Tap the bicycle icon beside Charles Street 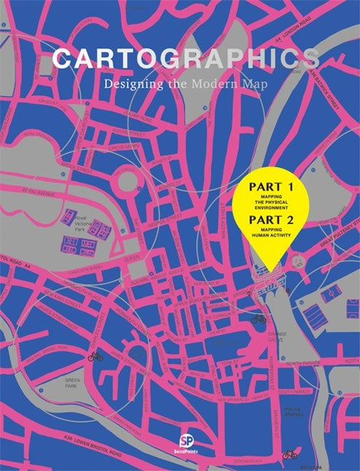click(94, 357)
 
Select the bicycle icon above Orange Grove click(258, 319)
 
